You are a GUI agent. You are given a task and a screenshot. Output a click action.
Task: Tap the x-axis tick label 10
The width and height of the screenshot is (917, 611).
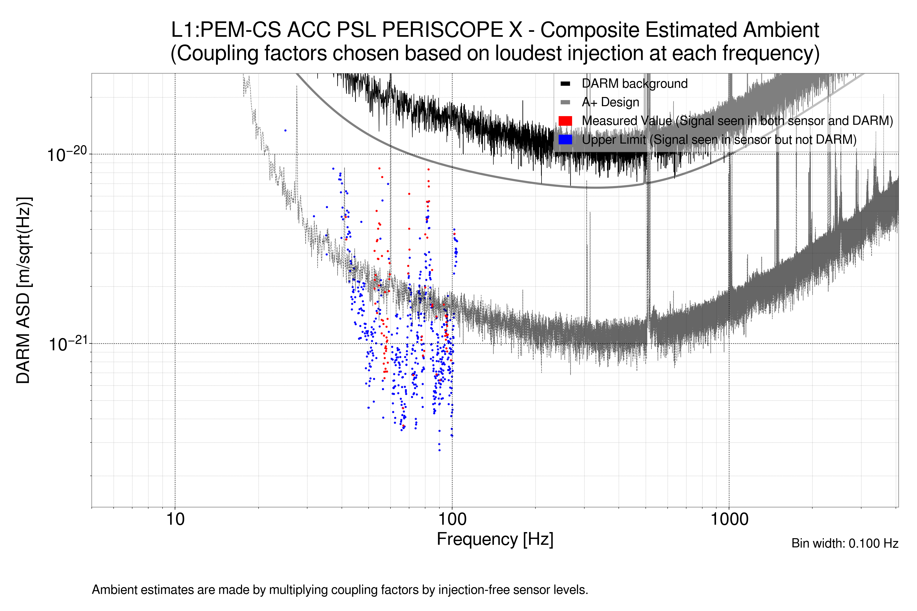(175, 519)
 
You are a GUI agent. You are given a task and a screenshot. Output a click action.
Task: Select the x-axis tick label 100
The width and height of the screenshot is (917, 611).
(452, 519)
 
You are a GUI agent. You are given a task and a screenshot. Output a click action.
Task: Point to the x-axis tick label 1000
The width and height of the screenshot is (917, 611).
(729, 519)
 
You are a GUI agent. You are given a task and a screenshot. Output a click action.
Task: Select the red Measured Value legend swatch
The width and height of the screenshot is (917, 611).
(565, 121)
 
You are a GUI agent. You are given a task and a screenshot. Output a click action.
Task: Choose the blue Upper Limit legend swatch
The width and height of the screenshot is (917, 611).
(565, 140)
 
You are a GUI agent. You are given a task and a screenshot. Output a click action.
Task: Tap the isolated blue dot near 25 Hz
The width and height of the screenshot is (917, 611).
(285, 131)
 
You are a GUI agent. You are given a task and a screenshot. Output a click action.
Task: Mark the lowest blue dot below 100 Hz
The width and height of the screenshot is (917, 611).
(439, 450)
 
